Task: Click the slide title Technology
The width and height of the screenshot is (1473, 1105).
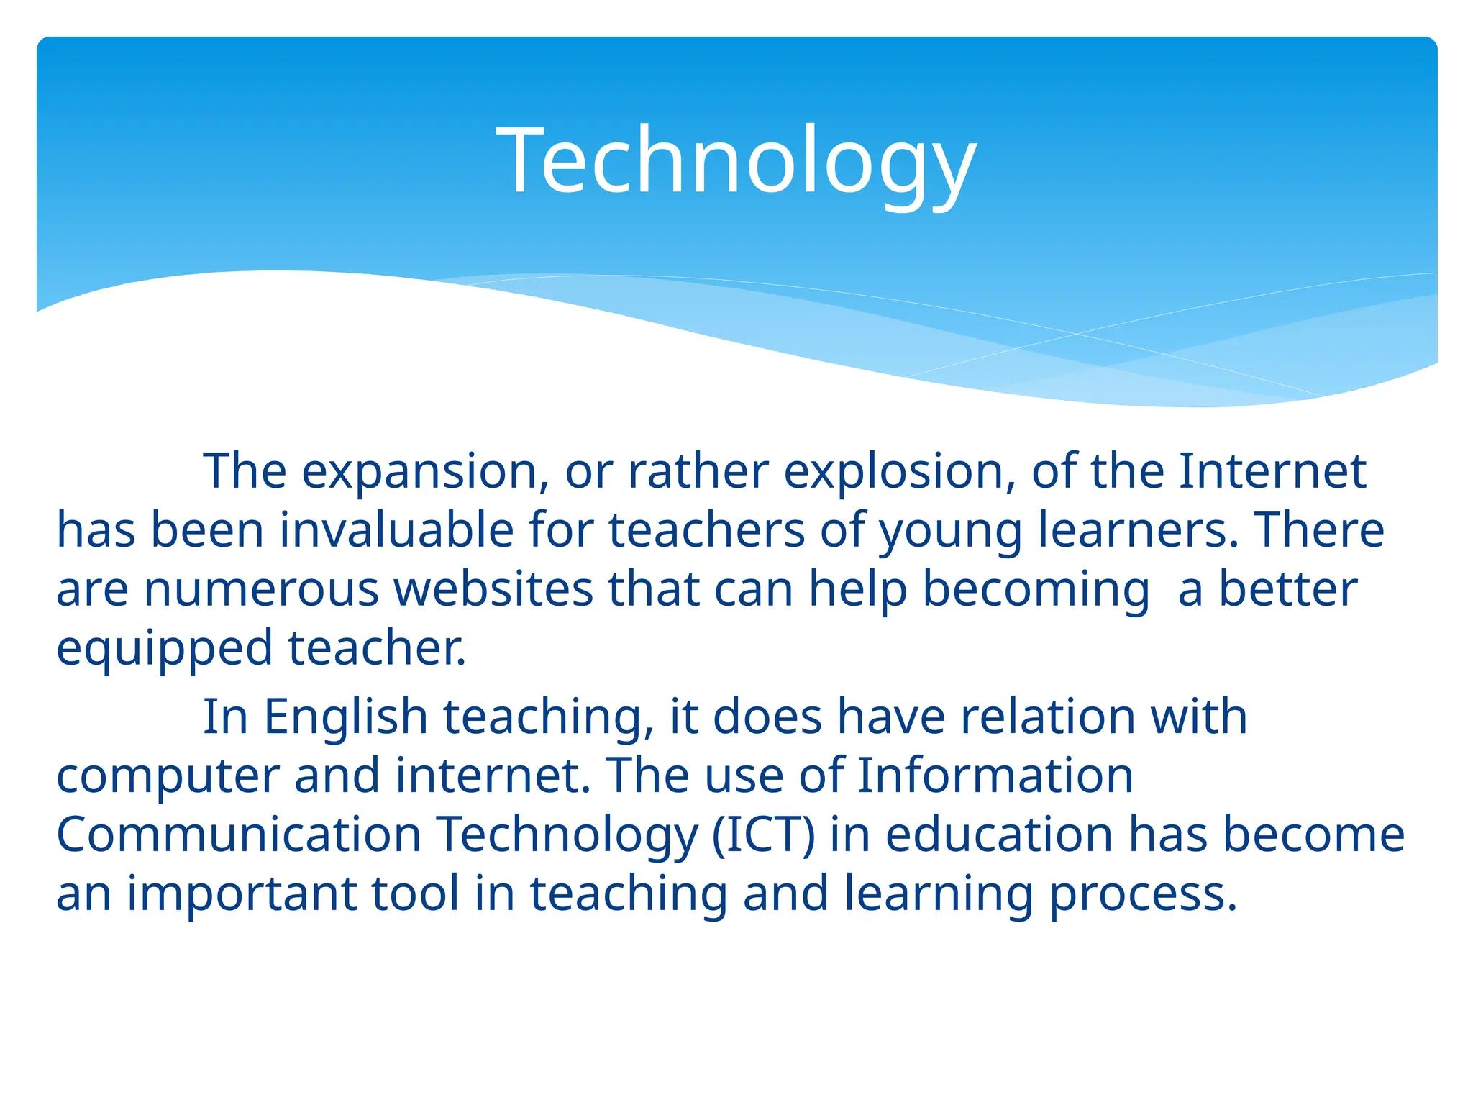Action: tap(736, 160)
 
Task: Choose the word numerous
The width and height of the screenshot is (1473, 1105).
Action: tap(261, 590)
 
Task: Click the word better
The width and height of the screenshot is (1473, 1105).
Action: tap(1287, 590)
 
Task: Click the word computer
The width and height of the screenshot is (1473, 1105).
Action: tap(168, 777)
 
